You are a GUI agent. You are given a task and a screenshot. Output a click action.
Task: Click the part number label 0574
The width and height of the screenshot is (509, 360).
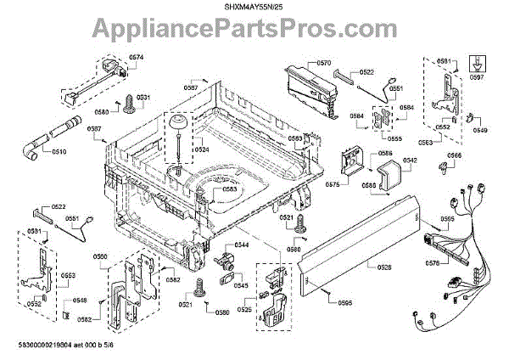coord(137,58)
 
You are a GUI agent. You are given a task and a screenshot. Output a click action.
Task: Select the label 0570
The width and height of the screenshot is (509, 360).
coord(323,63)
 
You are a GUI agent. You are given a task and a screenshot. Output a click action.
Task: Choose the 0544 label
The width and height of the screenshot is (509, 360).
coord(242,245)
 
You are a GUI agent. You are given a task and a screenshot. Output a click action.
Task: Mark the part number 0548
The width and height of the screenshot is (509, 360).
coord(79,300)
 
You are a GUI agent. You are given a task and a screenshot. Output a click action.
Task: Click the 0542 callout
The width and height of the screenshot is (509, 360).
coord(409,160)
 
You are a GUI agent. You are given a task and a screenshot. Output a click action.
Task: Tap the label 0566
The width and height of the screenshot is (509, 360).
coord(455,156)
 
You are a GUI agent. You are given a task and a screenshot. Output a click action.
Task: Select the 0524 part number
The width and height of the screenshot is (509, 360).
coord(201,149)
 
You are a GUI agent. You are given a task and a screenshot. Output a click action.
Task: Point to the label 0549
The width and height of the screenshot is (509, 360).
coord(480,131)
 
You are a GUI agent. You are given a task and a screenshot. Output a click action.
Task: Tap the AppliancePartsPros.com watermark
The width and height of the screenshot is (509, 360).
coord(254,32)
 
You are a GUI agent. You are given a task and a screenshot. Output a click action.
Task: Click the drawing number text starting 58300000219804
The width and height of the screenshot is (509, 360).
coord(85,347)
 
